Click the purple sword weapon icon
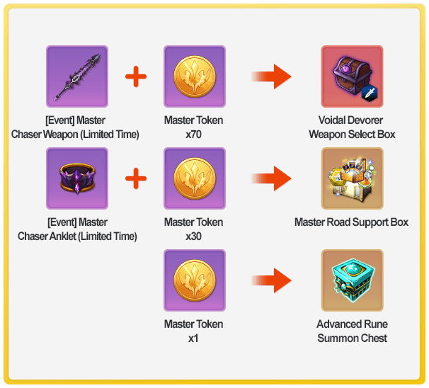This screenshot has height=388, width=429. [x=77, y=76]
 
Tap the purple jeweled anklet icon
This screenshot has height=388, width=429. [x=77, y=178]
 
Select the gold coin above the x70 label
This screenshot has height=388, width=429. [x=195, y=76]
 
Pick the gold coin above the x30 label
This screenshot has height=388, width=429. [x=195, y=178]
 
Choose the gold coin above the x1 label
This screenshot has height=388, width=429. [x=195, y=280]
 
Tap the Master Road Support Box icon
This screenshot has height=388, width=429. [x=353, y=178]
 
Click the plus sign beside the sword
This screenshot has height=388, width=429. [x=136, y=76]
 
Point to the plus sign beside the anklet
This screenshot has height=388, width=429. [x=136, y=178]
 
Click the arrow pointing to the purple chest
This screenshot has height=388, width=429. [x=271, y=76]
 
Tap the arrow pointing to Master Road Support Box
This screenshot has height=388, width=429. [x=271, y=178]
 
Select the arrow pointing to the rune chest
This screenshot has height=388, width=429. [x=271, y=280]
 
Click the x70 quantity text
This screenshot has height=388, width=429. [x=193, y=135]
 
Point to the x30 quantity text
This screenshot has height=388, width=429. [x=193, y=236]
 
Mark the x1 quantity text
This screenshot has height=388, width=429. [x=193, y=338]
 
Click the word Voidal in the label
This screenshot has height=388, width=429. [x=331, y=120]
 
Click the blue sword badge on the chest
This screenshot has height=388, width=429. [x=370, y=93]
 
